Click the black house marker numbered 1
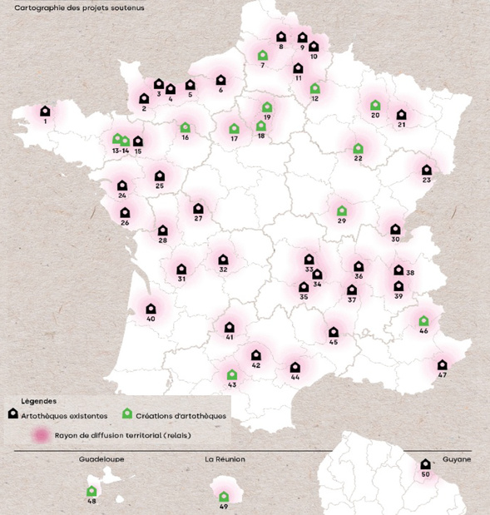coord(45,111)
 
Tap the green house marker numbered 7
coord(262,56)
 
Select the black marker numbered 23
coord(426,170)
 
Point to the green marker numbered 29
coord(341,210)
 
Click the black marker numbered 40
coord(151,308)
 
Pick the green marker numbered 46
coord(423,320)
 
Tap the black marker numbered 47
coord(442,364)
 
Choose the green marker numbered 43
coord(231,374)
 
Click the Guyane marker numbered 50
coord(425,464)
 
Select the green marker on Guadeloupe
coord(92,491)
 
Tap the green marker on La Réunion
coord(223,497)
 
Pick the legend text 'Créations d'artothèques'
coord(181,415)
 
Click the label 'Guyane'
coord(456,458)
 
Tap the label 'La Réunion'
coord(225,458)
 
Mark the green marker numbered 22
coord(359,148)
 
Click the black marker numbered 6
coord(220,80)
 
